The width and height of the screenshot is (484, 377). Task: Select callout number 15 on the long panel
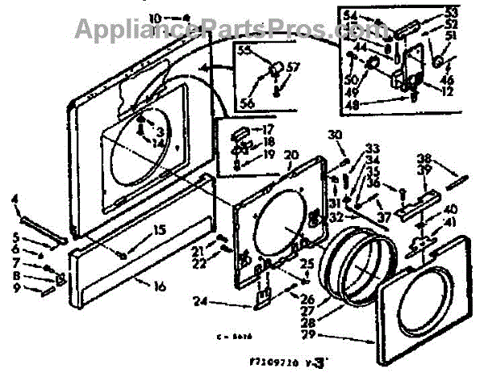(160, 231)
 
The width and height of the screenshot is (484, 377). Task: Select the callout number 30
(335, 135)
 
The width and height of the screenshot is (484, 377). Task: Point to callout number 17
(268, 128)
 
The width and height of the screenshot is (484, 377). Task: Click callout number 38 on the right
(446, 158)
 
